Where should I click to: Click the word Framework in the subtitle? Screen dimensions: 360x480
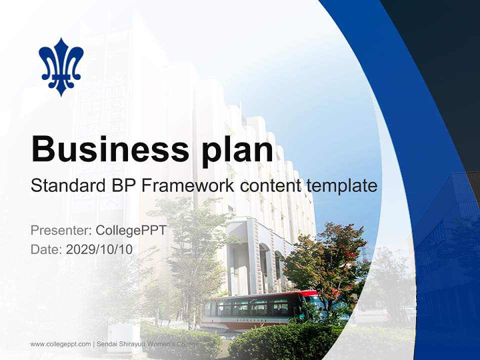[x=188, y=185]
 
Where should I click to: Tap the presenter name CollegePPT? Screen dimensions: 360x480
[x=130, y=230]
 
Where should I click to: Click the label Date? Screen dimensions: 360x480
[x=46, y=249]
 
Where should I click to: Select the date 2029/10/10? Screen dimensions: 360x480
[x=99, y=249]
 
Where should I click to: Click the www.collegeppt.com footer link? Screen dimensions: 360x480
[x=60, y=344]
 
